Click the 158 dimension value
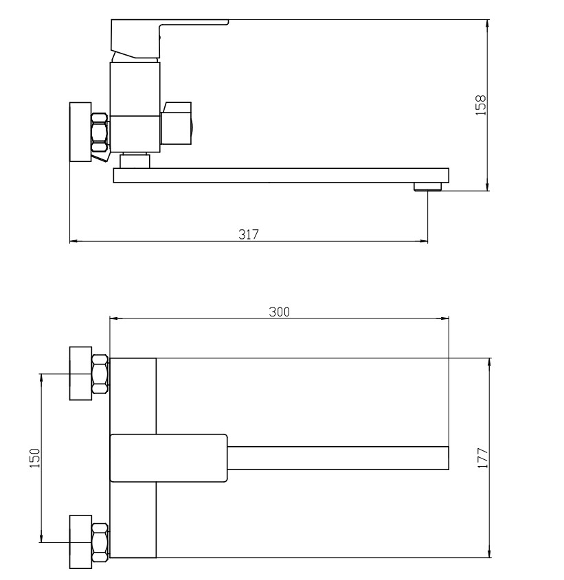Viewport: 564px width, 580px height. [480, 106]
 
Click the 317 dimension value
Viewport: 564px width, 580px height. [249, 234]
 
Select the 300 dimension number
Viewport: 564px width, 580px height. [279, 312]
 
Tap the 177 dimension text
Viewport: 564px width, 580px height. [483, 459]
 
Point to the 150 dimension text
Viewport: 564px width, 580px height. [34, 458]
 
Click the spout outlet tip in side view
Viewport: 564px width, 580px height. [428, 187]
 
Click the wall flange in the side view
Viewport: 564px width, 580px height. [80, 132]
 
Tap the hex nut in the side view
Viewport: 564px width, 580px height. [100, 132]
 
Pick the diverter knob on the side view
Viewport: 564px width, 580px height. [177, 123]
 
